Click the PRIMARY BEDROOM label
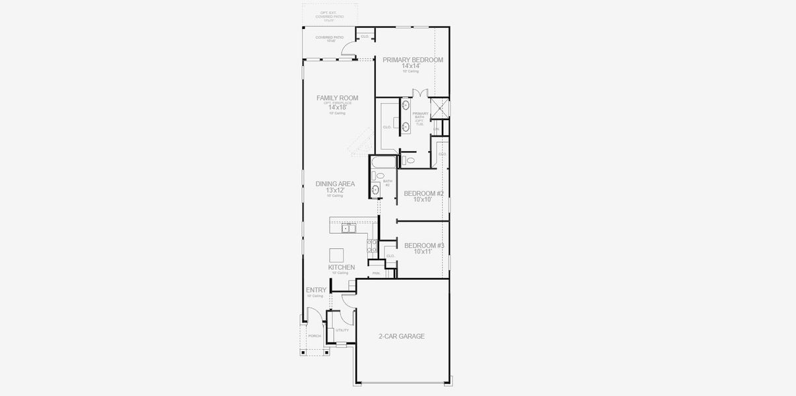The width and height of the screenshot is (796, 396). [412, 59]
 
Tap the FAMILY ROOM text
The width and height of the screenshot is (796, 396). [337, 98]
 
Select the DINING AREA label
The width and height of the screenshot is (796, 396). [335, 183]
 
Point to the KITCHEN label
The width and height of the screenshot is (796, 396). [342, 267]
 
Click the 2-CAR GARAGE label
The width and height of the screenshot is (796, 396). [402, 337]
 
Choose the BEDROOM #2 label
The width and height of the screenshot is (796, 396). [423, 193]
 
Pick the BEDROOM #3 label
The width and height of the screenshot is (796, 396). [423, 246]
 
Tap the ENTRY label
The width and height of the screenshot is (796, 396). [316, 290]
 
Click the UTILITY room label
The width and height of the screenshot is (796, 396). [342, 330]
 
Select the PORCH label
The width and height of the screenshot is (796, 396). [314, 336]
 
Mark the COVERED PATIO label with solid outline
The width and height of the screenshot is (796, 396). [330, 38]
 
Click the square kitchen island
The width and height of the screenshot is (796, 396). [337, 255]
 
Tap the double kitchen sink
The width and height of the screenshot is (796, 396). [348, 229]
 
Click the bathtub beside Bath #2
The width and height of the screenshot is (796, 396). [384, 162]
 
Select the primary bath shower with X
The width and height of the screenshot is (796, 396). [440, 108]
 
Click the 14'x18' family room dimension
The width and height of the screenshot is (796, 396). [337, 108]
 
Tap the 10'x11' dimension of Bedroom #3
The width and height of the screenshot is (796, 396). [423, 252]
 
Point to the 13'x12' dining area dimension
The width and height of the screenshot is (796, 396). [335, 190]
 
